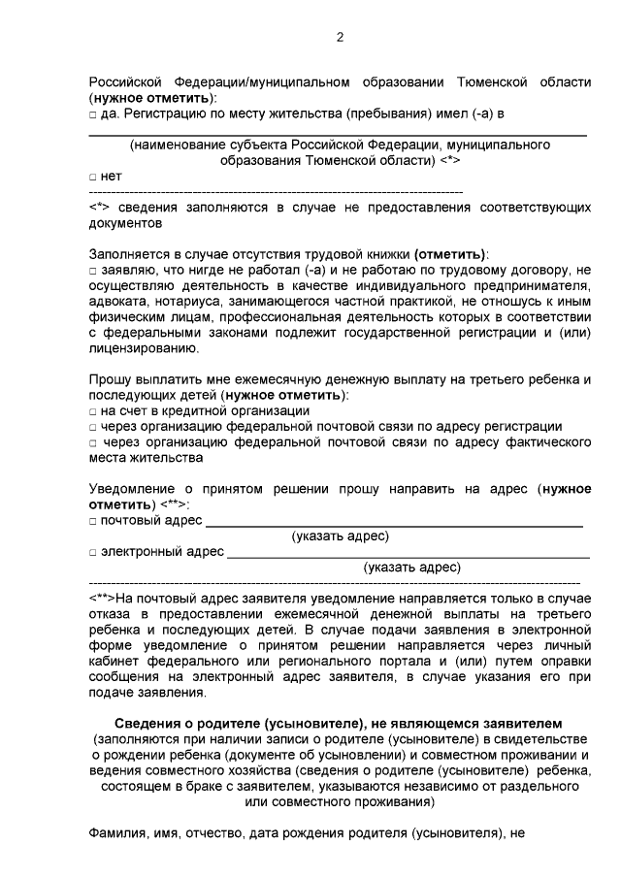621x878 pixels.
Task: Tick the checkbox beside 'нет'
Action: pos(92,177)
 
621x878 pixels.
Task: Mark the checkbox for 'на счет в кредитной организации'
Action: pos(92,411)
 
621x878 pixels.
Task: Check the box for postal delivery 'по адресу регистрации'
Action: pos(92,427)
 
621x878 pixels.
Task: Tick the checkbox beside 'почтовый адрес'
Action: pos(92,521)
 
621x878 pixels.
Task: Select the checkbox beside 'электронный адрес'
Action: pos(92,553)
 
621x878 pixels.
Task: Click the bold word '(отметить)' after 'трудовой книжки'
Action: pos(450,254)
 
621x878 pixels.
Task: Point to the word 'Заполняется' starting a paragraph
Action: pos(131,254)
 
